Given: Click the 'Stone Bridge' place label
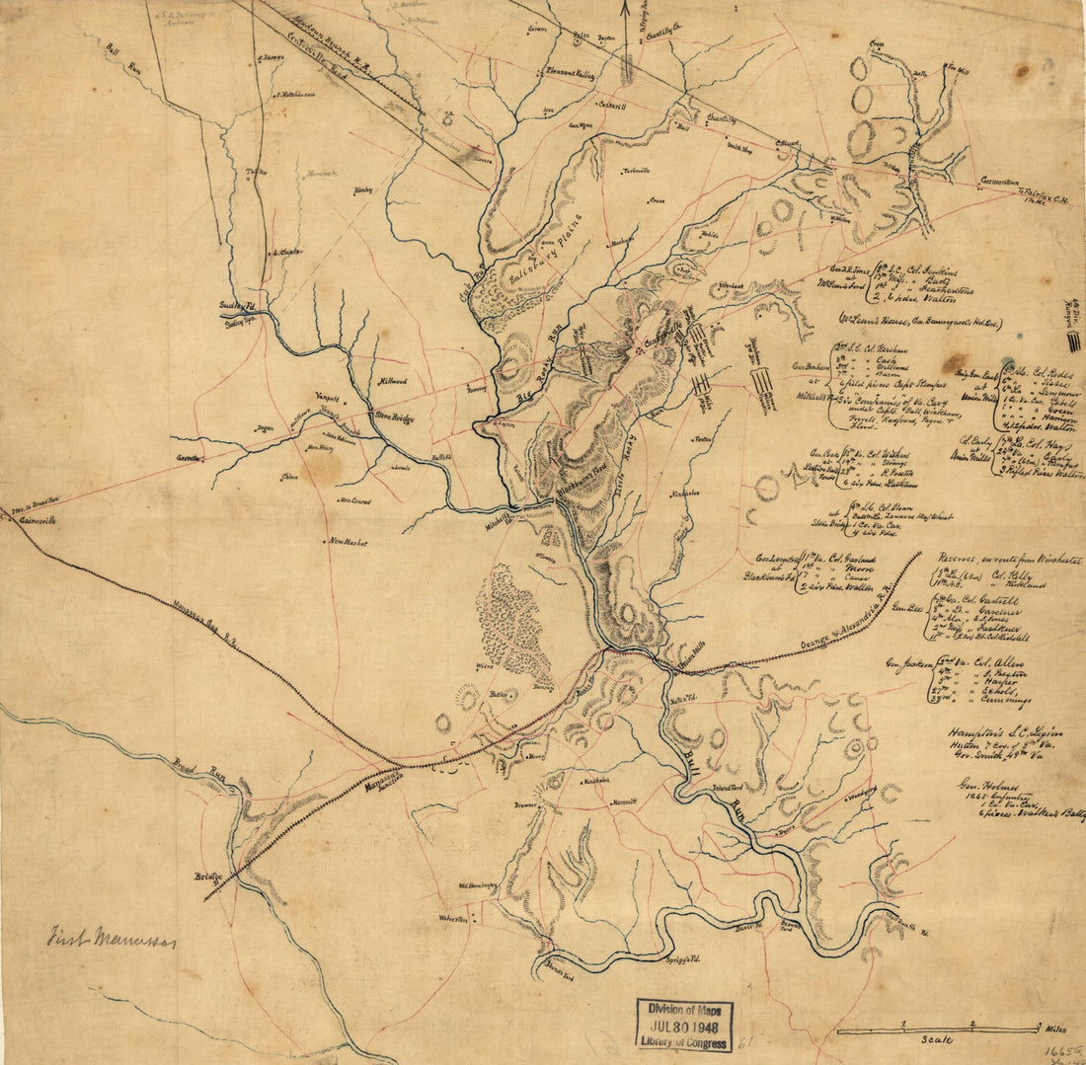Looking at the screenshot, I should (x=394, y=418).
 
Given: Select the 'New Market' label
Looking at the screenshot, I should (x=349, y=542).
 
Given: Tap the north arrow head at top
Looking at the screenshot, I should (x=624, y=8).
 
